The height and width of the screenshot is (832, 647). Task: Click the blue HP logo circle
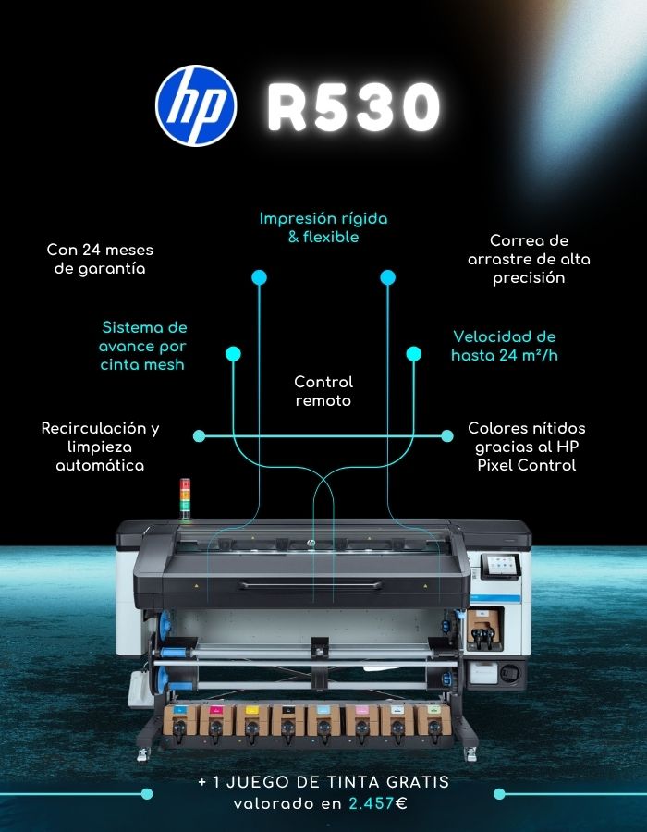click(x=196, y=104)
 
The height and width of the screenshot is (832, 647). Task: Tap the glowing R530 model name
click(x=353, y=107)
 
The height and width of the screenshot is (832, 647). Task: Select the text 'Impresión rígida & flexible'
click(x=323, y=228)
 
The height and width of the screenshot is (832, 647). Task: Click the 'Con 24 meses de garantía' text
click(x=100, y=259)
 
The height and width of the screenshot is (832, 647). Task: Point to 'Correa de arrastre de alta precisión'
click(x=528, y=259)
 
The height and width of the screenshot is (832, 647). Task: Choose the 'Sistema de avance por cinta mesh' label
click(x=143, y=346)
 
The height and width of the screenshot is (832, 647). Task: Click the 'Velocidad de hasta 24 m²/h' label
click(x=504, y=346)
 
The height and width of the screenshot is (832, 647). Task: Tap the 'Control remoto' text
click(x=323, y=391)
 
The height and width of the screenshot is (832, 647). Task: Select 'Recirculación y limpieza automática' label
click(x=100, y=447)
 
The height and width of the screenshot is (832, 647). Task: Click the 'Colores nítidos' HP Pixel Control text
click(x=527, y=447)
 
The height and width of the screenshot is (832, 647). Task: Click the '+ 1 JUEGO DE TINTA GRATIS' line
click(x=323, y=782)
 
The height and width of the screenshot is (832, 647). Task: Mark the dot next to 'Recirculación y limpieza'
click(x=199, y=435)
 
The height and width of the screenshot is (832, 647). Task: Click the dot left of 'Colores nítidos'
click(x=447, y=435)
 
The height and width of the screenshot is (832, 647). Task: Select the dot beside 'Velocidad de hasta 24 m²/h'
click(x=413, y=353)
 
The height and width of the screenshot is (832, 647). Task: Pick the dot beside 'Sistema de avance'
click(x=233, y=353)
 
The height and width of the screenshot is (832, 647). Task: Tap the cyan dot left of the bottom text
click(x=146, y=793)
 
